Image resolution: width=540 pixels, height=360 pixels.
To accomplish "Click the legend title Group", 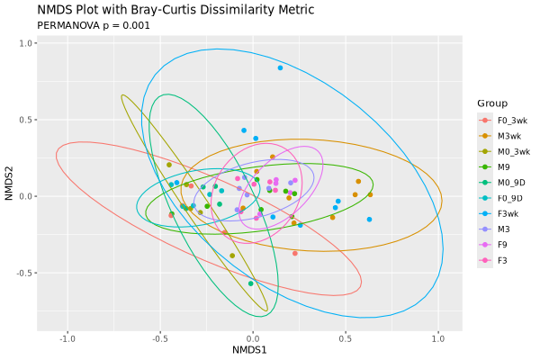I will [x=492, y=103].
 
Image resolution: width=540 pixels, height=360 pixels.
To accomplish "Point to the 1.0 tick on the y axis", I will [x=26, y=42].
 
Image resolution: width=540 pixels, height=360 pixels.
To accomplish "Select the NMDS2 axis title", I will [x=8, y=187].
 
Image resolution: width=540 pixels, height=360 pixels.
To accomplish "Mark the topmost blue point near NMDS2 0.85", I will [x=281, y=67].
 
